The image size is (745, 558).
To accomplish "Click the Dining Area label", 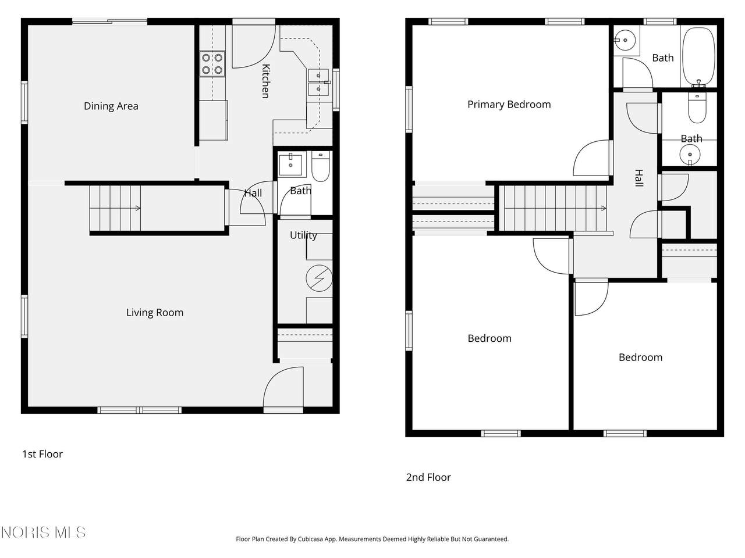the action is [111, 106].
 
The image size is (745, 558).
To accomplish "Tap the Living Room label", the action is [155, 312].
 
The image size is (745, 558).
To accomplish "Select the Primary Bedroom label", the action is [509, 105].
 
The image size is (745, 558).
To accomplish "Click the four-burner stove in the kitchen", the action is [212, 64].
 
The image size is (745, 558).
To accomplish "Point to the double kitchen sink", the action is [318, 83].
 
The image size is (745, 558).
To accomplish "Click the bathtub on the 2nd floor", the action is [699, 56].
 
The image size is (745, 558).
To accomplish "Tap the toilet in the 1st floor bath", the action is [320, 166].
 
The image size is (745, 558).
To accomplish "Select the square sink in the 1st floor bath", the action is [290, 164].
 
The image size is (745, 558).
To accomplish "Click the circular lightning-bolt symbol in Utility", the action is [319, 278].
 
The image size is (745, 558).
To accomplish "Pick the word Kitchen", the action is [266, 81].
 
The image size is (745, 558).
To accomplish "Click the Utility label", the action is [303, 235].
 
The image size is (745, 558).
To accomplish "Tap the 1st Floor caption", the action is [42, 454].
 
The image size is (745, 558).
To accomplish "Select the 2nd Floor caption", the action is [428, 477].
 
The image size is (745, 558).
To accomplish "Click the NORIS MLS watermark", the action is [43, 532].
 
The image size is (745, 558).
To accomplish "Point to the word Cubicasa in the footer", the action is [310, 539].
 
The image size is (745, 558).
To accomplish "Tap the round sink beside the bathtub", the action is [625, 40].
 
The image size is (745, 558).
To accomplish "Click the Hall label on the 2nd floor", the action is [638, 178].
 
